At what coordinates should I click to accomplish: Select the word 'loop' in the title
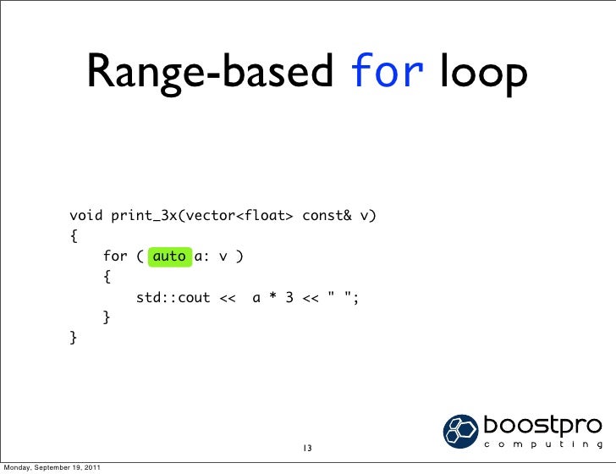point(483,74)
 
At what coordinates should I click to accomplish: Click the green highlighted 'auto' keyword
point(169,256)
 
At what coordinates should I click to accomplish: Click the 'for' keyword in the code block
point(115,256)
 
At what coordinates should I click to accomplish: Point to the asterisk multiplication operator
point(272,298)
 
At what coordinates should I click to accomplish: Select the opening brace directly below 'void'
point(74,235)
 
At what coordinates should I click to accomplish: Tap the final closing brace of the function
point(74,339)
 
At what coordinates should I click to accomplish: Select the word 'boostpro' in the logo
point(542,424)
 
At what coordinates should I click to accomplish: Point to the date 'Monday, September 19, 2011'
point(52,467)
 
